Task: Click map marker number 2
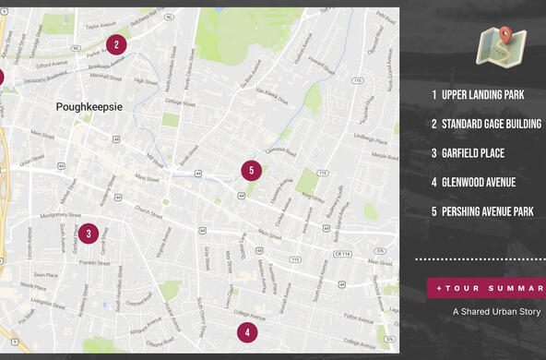tap(116, 43)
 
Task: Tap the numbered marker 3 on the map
tap(89, 234)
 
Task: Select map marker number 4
tap(246, 332)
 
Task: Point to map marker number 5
tap(251, 171)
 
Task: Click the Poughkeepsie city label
tap(89, 106)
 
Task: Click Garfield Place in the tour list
tap(472, 153)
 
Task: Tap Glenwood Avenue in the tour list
tap(478, 183)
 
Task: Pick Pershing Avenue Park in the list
tap(487, 211)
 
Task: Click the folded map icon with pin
tap(500, 46)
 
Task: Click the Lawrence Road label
tap(279, 150)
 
